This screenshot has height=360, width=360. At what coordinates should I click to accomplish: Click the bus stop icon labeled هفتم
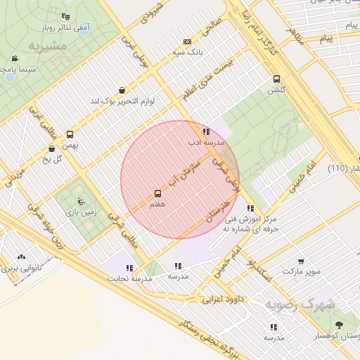click(x=157, y=193)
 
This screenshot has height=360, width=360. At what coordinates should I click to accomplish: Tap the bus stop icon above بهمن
click(x=70, y=134)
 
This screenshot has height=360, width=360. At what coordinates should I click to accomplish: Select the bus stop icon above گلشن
click(x=276, y=79)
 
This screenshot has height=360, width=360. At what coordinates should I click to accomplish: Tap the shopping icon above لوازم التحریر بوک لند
click(x=123, y=90)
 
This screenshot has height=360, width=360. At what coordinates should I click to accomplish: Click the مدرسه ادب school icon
click(x=205, y=131)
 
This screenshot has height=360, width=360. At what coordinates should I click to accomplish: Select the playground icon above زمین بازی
click(x=82, y=200)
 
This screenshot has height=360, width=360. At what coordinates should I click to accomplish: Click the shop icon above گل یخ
click(x=52, y=148)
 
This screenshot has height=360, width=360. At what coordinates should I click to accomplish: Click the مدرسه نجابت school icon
click(x=129, y=268)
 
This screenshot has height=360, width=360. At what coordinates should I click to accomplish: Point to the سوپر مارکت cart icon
click(x=302, y=261)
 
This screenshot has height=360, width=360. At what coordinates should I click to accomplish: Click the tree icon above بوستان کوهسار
click(x=340, y=325)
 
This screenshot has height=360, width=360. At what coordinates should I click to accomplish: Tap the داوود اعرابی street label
click(x=223, y=299)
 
